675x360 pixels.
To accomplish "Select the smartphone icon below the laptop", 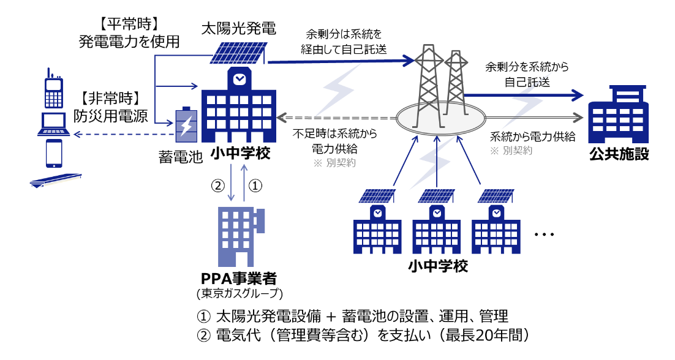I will pyautogui.click(x=53, y=153).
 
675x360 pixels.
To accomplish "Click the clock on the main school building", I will pyautogui.click(x=238, y=78).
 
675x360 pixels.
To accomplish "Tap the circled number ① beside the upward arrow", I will pyautogui.click(x=257, y=184).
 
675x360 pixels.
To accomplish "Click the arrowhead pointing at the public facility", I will pyautogui.click(x=576, y=94).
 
